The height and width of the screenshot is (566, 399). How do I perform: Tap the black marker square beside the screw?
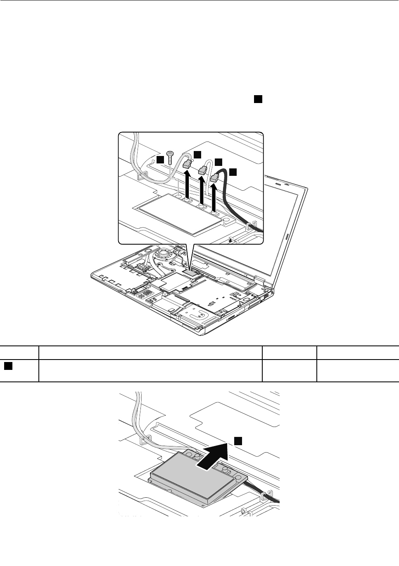160,159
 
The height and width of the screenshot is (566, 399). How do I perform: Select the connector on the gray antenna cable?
187,163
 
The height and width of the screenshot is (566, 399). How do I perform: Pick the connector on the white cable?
202,169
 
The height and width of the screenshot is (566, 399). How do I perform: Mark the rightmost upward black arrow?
214,197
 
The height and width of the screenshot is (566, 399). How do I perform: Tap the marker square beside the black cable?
233,171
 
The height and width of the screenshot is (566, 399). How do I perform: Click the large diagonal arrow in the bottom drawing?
212,457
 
